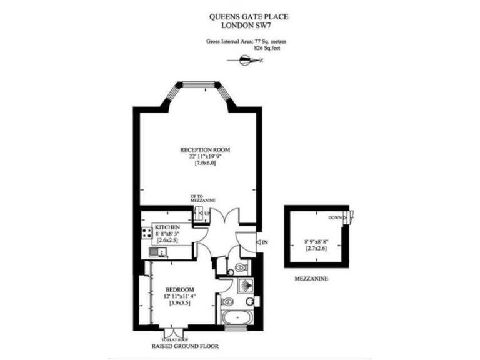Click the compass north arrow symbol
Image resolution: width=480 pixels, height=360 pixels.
[x=247, y=60]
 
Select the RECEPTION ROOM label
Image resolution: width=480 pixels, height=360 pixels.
[x=205, y=150]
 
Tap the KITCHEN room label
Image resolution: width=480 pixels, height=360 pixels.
[x=167, y=227]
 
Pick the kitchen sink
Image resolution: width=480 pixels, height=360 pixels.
[x=158, y=252]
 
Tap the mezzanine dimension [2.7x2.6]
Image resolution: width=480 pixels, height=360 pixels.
[x=316, y=248]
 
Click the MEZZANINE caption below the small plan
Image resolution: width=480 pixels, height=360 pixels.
[x=312, y=279]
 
